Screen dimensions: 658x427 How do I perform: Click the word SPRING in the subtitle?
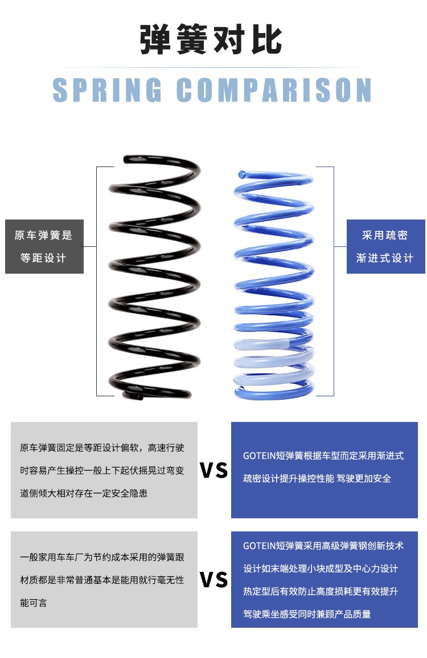tap(108, 90)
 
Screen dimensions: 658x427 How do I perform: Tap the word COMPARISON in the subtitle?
tap(274, 90)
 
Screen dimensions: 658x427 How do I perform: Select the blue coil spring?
tap(274, 285)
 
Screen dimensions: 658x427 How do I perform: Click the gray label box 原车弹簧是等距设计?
tap(44, 246)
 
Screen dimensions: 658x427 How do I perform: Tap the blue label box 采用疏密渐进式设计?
tap(385, 246)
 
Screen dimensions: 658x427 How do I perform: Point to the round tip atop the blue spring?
tap(242, 173)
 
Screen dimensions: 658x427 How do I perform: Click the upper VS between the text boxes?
tap(214, 470)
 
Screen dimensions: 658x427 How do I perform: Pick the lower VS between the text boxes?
tap(214, 579)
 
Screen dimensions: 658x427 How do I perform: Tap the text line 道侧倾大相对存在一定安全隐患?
tap(84, 493)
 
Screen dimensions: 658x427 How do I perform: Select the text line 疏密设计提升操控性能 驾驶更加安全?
tap(317, 478)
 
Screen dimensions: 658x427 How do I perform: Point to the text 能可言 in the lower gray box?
tap(34, 603)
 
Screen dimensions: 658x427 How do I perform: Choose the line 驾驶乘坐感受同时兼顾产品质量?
tap(307, 614)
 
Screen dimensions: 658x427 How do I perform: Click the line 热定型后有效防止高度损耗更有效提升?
tap(321, 591)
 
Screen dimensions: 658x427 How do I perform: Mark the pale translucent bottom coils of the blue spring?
tap(273, 365)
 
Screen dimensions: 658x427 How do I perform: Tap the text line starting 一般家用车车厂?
tap(102, 557)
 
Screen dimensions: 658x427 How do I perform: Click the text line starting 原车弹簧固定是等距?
tap(102, 448)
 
